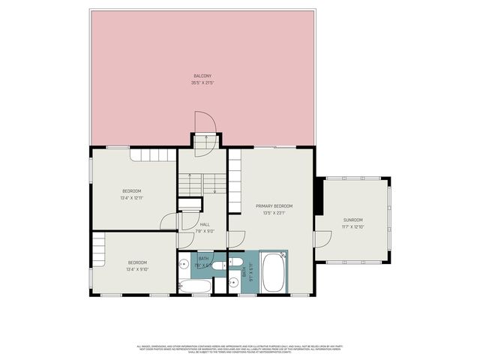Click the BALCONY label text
(x=202, y=76)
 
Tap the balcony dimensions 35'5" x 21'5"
(x=202, y=82)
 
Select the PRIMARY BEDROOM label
(x=274, y=206)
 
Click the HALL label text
(x=205, y=224)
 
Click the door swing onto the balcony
(x=203, y=124)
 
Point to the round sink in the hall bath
(x=184, y=264)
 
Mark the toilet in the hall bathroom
(x=217, y=265)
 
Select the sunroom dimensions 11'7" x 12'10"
(x=352, y=227)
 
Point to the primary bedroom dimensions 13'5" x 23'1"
(x=274, y=213)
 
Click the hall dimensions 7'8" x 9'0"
(x=205, y=231)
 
